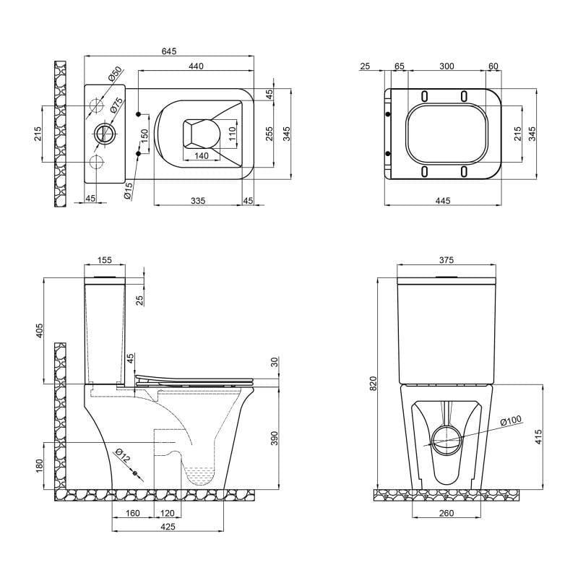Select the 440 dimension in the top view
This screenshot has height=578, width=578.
[196, 66]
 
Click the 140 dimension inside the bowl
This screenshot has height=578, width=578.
[201, 155]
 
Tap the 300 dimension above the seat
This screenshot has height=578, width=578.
[446, 66]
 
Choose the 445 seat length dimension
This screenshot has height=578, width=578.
[443, 200]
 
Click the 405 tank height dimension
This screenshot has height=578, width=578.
[40, 330]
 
